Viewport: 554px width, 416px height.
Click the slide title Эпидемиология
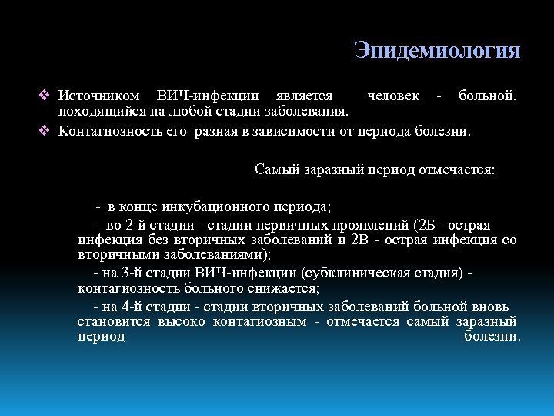tap(437, 51)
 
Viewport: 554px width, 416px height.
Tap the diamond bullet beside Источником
tap(44, 96)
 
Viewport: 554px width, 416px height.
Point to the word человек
tap(393, 96)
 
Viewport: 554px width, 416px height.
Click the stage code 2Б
tap(426, 225)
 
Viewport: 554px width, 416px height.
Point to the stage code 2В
tap(360, 240)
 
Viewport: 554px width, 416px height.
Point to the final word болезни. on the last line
tap(492, 336)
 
